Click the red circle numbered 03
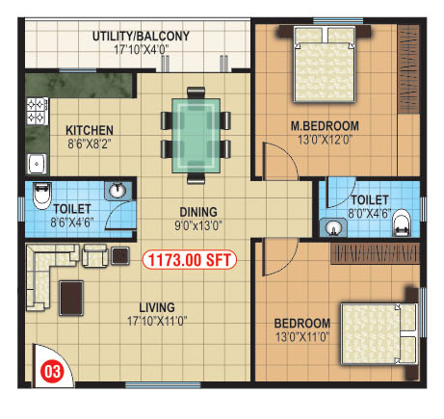(x=53, y=372)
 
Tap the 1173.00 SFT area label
(x=190, y=260)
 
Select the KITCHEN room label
(x=90, y=130)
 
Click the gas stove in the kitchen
(x=37, y=111)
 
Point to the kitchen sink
(x=37, y=164)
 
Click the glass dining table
(x=196, y=135)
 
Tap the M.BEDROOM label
(x=325, y=126)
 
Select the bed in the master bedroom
(x=325, y=65)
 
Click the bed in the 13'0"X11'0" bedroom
(x=379, y=334)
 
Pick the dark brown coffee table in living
(x=71, y=298)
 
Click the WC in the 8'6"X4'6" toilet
(x=42, y=196)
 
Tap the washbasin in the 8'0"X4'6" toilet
(x=334, y=227)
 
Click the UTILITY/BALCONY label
(x=141, y=37)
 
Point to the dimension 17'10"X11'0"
(x=157, y=321)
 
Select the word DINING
(x=198, y=212)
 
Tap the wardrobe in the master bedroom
(x=408, y=69)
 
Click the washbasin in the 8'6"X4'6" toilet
(x=118, y=191)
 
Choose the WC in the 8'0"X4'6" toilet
(x=402, y=223)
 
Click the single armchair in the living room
(x=95, y=255)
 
